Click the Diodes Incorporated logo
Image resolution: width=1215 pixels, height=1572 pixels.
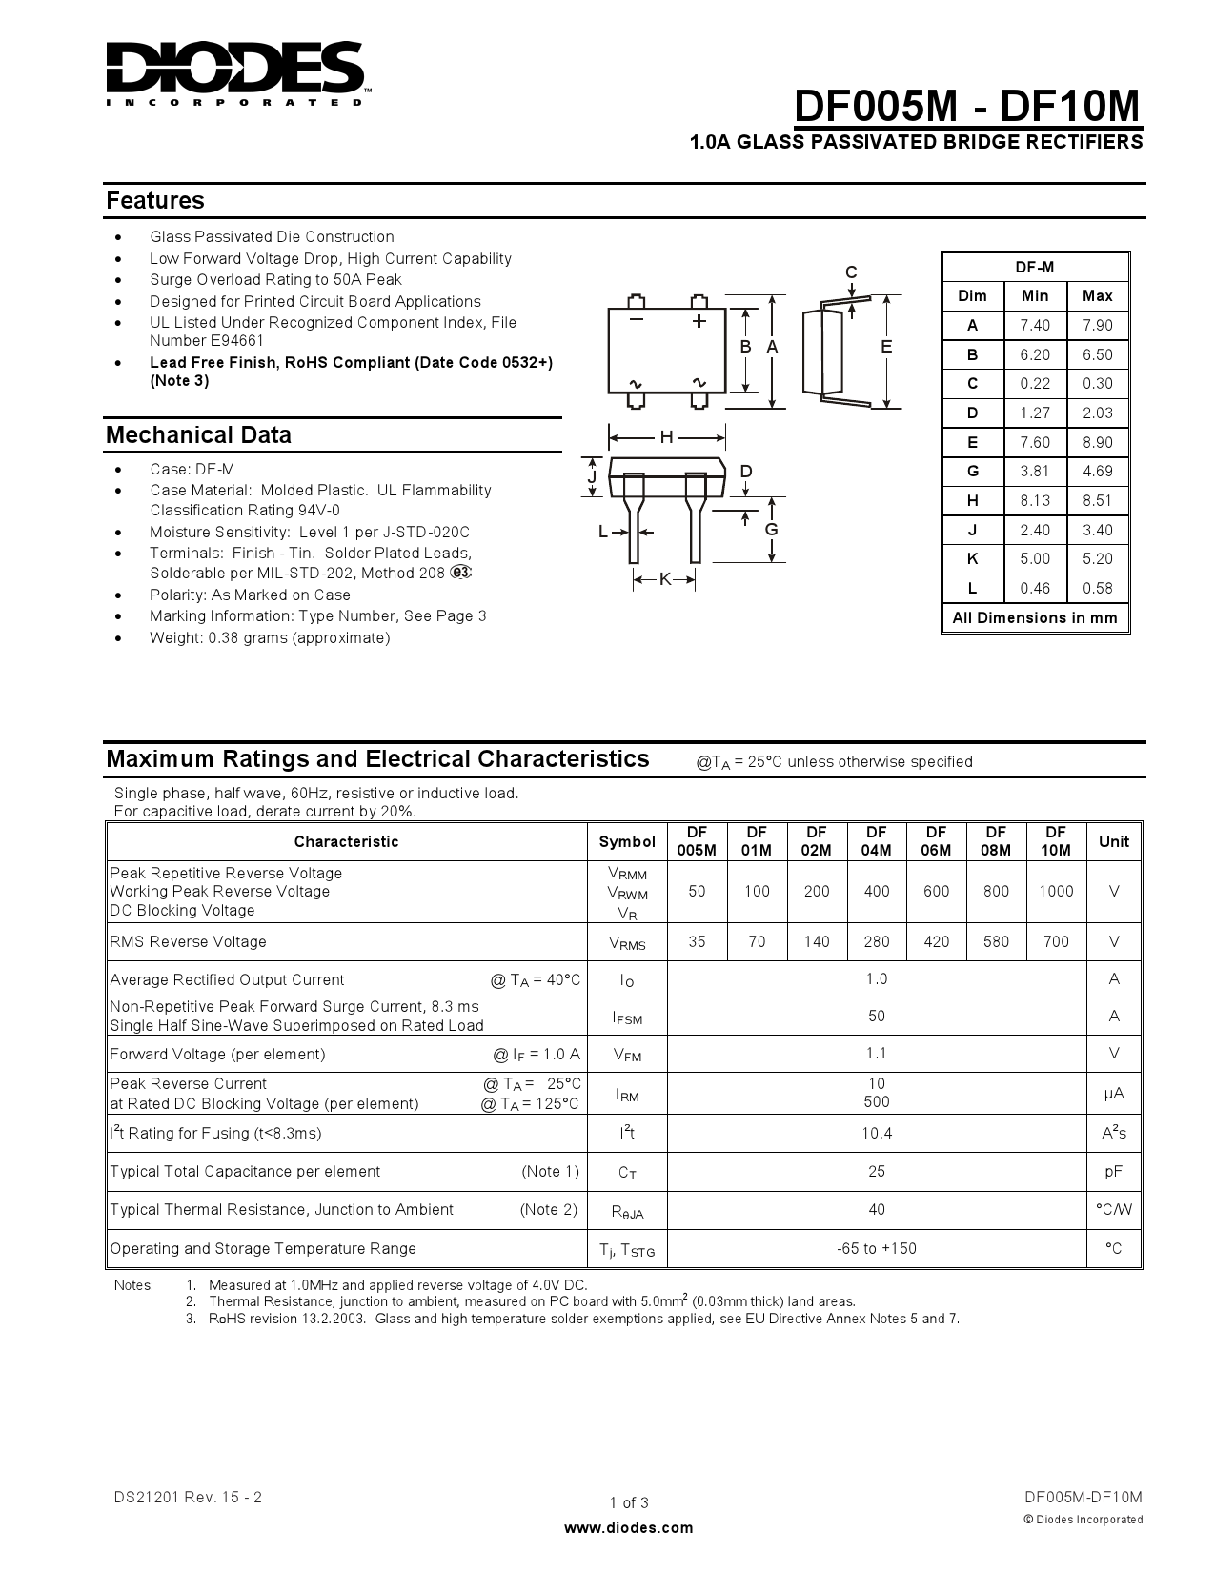click(x=234, y=72)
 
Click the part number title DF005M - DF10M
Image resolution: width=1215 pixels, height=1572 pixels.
click(x=966, y=107)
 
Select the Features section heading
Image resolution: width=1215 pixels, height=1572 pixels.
click(x=155, y=200)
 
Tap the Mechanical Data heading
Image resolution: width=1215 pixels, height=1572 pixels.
click(x=198, y=435)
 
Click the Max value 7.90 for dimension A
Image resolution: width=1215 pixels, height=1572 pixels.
click(x=1098, y=325)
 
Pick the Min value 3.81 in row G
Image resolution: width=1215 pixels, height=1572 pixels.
click(x=1034, y=471)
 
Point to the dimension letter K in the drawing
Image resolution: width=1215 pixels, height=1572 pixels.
click(x=665, y=578)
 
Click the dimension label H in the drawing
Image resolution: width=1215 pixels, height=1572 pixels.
click(x=666, y=437)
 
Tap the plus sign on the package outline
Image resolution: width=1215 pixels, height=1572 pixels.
click(x=699, y=321)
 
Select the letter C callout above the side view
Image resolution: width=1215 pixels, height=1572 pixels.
click(x=851, y=272)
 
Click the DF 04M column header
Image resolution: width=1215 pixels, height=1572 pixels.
click(x=876, y=841)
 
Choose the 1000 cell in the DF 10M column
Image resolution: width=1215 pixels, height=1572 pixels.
click(x=1055, y=891)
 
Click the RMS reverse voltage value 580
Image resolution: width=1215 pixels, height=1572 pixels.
click(x=996, y=941)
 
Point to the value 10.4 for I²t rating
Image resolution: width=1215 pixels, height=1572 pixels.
click(x=876, y=1133)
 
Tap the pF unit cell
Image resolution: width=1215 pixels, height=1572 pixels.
click(x=1113, y=1171)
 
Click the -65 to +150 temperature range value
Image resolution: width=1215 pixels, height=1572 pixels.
click(x=876, y=1248)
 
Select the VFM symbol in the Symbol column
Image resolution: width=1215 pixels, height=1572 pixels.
click(x=627, y=1055)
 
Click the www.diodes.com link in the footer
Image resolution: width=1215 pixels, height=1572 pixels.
click(x=629, y=1527)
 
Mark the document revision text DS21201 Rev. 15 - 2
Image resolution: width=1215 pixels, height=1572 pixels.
click(x=188, y=1497)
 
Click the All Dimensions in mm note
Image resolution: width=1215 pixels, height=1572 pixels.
click(x=1034, y=617)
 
